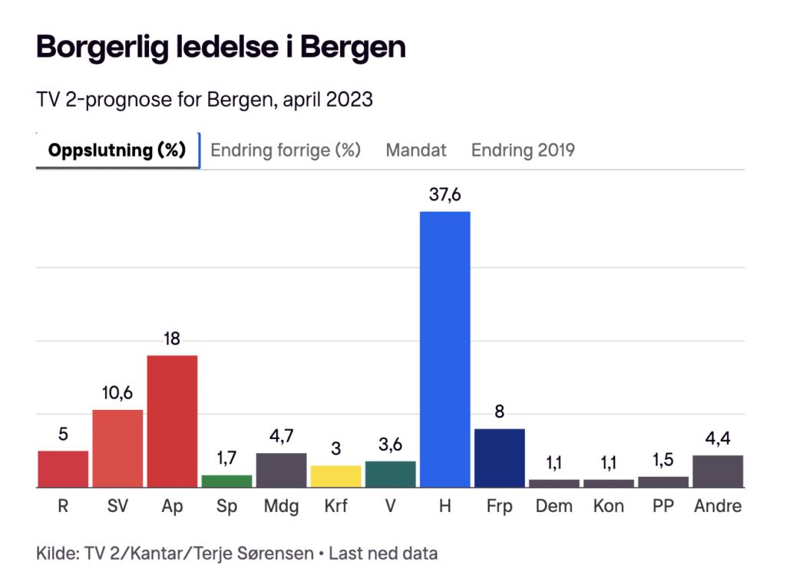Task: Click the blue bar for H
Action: coord(444,349)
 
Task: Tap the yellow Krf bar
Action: coord(335,476)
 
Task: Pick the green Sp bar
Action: coord(226,481)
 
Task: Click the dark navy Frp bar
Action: coord(499,458)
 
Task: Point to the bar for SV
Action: coord(117,448)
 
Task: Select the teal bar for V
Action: coord(390,474)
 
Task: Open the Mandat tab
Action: coord(416,150)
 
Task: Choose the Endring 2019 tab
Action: coord(523,150)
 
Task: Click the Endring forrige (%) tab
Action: coord(286,150)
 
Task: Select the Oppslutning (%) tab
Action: coord(117,150)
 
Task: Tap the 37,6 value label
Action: coord(444,195)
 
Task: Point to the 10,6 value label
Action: coord(117,393)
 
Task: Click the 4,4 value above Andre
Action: coord(718,438)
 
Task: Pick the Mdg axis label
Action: coord(281,507)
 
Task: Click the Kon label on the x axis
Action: coord(609,507)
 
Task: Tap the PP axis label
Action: coord(663,507)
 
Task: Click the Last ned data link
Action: coord(383,553)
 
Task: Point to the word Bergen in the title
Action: coord(353,48)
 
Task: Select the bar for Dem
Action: coord(554,483)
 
